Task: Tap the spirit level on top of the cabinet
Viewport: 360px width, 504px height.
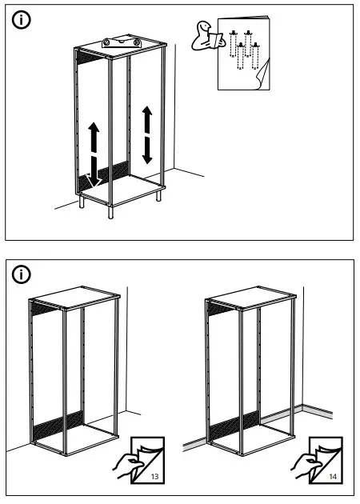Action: pyautogui.click(x=120, y=42)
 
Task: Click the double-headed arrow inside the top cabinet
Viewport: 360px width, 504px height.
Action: pyautogui.click(x=146, y=134)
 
